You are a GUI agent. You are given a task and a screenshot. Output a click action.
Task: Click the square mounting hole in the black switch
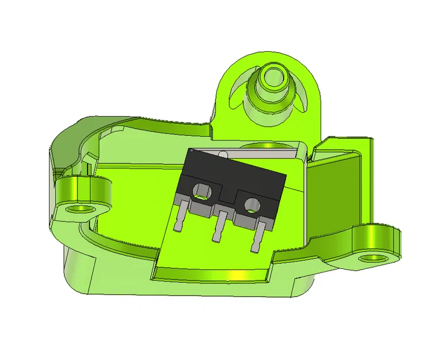pyautogui.click(x=201, y=190)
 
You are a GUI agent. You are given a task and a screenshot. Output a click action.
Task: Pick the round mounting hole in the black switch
pyautogui.click(x=251, y=203)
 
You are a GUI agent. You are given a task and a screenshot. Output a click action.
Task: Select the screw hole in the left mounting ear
pyautogui.click(x=79, y=207)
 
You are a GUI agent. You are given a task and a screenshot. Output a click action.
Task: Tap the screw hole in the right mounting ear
pyautogui.click(x=372, y=257)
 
